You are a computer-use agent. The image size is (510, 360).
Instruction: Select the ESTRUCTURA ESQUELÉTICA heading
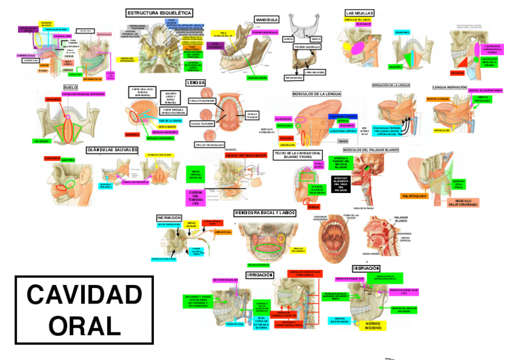coord(159,13)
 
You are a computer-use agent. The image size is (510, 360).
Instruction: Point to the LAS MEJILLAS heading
coord(360,13)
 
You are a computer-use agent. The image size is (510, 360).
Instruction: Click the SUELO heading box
coord(70,87)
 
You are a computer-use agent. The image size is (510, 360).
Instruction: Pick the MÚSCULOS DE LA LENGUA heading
coord(316,94)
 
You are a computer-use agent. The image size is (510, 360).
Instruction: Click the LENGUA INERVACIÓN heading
coord(449,87)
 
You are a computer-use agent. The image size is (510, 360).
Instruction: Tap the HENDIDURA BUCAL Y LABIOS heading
coord(265,213)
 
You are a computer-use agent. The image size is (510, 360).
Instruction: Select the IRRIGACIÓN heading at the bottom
coord(263,275)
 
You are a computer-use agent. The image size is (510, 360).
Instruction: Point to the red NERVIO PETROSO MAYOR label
coord(245,155)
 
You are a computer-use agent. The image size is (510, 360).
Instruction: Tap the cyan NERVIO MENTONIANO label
coord(340,321)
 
